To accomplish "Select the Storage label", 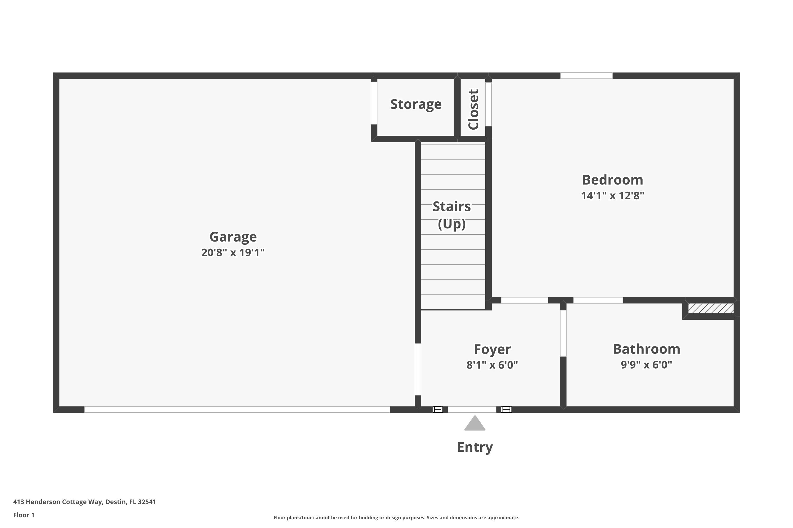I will (416, 104).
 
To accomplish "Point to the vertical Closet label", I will (473, 110).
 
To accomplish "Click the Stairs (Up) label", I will (451, 215).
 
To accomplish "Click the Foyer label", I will (492, 349).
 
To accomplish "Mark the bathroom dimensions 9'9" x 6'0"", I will (646, 365).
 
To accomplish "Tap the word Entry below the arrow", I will (475, 447).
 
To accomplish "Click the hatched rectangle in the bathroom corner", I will (711, 308).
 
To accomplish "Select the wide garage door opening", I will (237, 409).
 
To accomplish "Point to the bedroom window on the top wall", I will (586, 76).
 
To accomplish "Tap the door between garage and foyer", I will (418, 369).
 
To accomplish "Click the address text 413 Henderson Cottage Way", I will (84, 502).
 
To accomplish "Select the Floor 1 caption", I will (24, 515).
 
